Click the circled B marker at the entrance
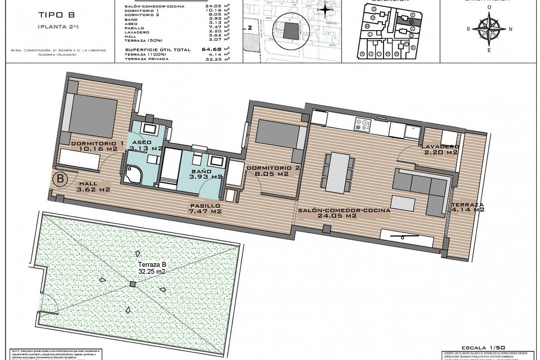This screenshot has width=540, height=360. point(60,179)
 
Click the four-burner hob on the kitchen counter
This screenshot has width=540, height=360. point(363,125)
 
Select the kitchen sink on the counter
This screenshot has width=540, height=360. point(412,130)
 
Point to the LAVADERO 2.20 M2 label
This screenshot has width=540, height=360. point(440,149)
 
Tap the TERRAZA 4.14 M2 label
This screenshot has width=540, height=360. point(468,207)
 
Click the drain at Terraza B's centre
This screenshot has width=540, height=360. point(132,284)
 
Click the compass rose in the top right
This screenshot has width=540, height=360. point(489,28)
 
